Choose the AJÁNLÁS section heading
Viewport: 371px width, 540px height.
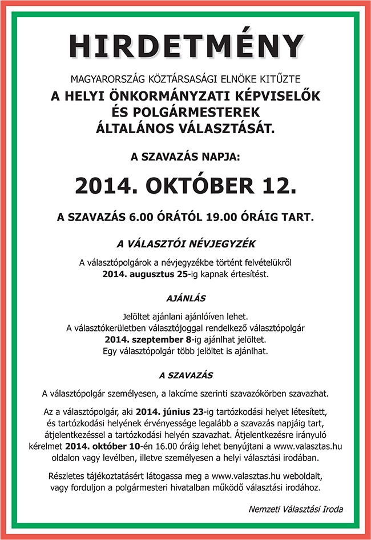[186, 298]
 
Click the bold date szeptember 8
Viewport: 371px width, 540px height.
[151, 339]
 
